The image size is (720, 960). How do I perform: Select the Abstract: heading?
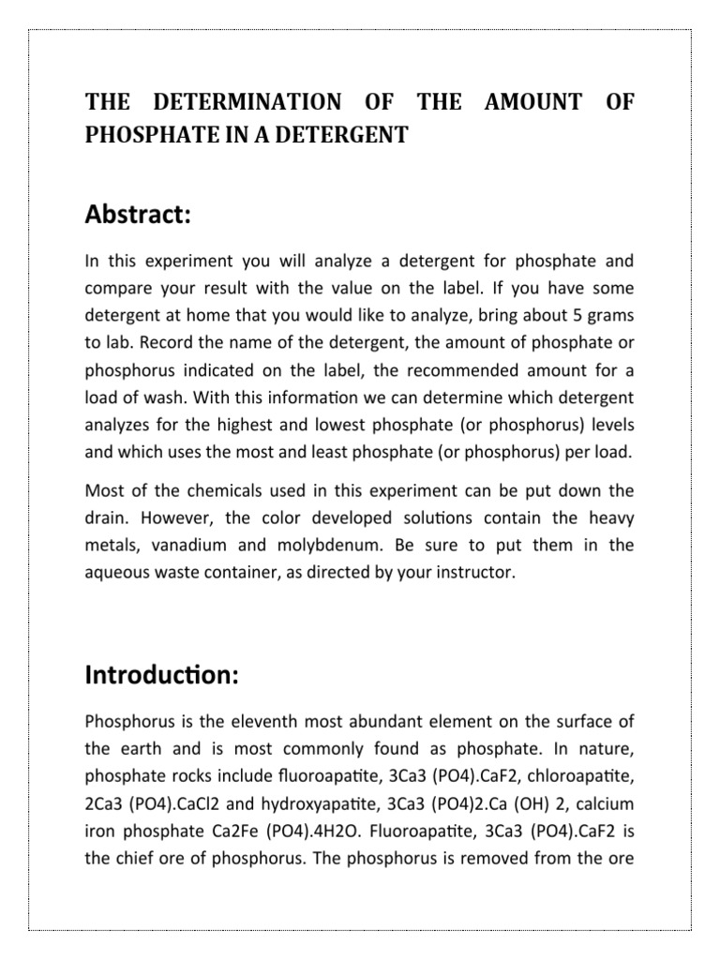pos(138,215)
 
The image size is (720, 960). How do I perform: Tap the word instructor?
pos(470,572)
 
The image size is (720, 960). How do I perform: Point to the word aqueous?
pos(115,572)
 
